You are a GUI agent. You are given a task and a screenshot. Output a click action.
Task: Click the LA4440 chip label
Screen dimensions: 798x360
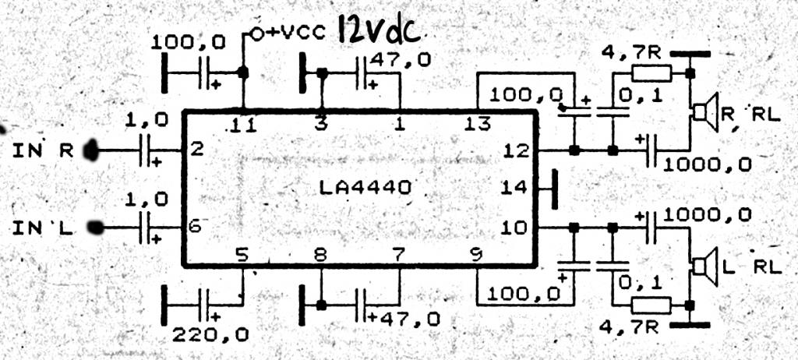coord(365,189)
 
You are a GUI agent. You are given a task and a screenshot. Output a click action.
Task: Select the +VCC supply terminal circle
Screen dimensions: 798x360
coord(257,34)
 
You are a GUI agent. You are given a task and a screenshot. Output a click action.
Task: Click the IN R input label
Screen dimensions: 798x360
coord(43,150)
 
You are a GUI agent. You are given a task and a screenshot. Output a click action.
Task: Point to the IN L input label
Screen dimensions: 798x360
coord(43,228)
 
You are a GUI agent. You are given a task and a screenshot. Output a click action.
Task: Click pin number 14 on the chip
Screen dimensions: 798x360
coord(514,188)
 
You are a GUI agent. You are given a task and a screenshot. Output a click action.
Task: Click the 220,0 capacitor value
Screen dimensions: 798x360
coord(210,334)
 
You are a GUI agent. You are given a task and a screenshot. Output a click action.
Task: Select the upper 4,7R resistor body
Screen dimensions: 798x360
coord(651,73)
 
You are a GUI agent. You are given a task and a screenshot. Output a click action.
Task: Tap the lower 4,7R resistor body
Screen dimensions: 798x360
coord(651,305)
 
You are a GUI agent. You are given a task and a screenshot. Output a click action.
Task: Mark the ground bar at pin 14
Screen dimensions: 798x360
coord(555,189)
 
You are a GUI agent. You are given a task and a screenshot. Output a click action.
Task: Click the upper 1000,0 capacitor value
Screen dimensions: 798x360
coord(708,164)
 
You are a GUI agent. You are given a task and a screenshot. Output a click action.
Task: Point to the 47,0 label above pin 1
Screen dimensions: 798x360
coord(400,59)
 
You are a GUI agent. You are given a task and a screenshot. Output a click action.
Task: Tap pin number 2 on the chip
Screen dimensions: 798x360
coord(197,149)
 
